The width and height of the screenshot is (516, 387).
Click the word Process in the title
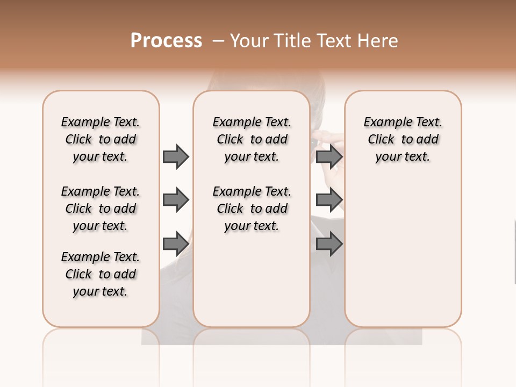pyautogui.click(x=166, y=41)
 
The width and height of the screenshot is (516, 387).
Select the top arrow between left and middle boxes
pyautogui.click(x=176, y=156)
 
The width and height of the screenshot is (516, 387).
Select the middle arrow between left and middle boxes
pyautogui.click(x=176, y=200)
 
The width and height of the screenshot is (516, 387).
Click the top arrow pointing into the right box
pyautogui.click(x=329, y=156)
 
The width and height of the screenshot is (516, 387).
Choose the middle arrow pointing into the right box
pyautogui.click(x=329, y=200)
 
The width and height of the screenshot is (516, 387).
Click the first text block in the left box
pyautogui.click(x=101, y=139)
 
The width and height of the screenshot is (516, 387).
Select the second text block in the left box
pyautogui.click(x=101, y=209)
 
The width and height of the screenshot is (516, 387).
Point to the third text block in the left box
pyautogui.click(x=101, y=274)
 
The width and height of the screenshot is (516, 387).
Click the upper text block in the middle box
pyautogui.click(x=252, y=139)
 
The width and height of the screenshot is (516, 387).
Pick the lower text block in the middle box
pyautogui.click(x=252, y=209)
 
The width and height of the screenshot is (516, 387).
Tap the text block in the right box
pyautogui.click(x=403, y=139)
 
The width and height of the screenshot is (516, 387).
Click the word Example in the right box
pyautogui.click(x=383, y=123)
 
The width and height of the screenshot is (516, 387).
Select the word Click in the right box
pyautogui.click(x=381, y=140)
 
